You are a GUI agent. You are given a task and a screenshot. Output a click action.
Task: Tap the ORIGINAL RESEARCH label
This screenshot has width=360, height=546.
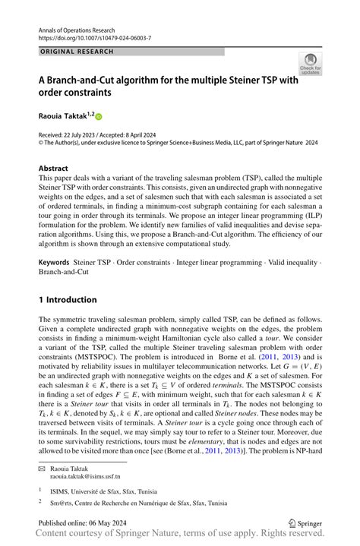pos(76,52)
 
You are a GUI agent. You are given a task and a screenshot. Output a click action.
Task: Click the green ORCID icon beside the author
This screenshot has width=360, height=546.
pos(98,117)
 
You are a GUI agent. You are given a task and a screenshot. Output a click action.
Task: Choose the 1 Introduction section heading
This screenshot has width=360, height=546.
pos(68,299)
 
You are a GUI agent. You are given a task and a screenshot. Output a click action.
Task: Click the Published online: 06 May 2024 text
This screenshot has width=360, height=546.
pos(85,523)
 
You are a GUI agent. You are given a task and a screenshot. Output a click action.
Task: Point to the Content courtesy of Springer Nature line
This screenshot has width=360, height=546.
pos(179,537)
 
